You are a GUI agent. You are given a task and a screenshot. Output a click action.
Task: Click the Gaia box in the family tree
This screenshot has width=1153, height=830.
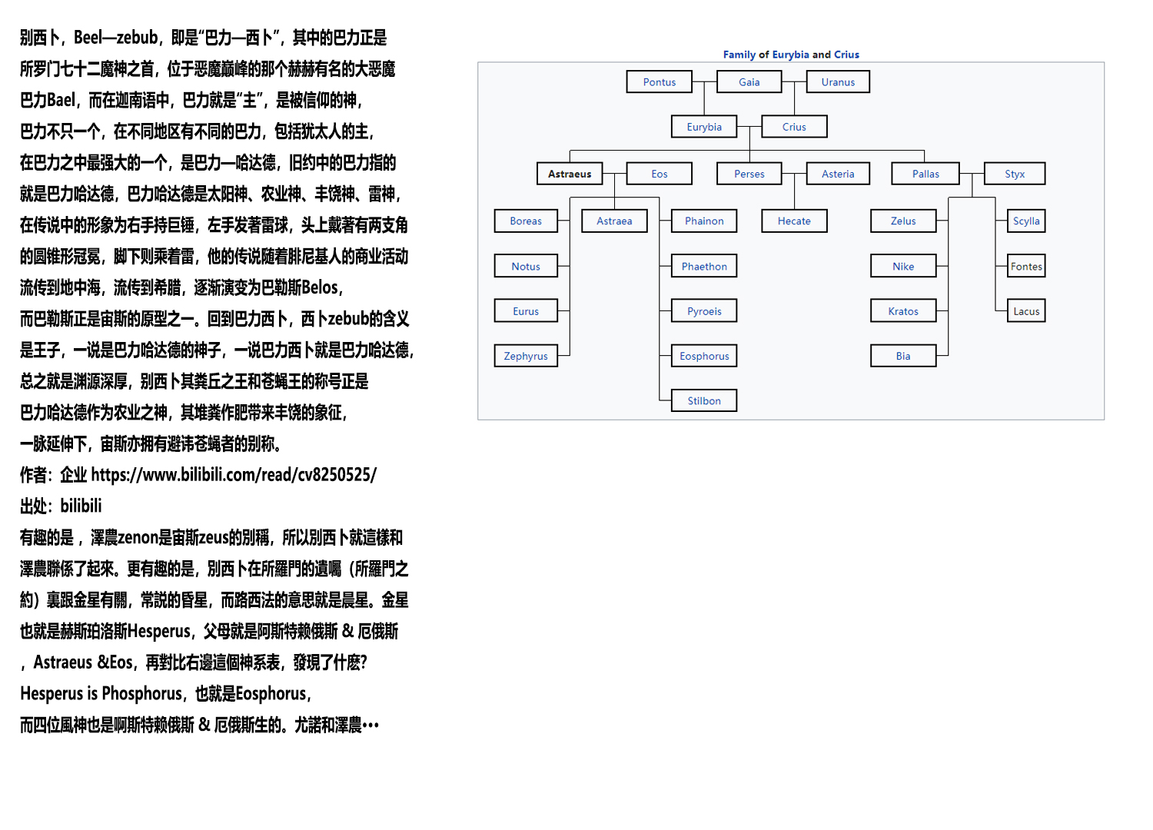coord(749,82)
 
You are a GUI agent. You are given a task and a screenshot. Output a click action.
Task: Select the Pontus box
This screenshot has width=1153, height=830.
coord(660,82)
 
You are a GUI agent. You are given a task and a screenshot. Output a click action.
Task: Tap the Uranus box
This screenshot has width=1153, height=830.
coord(838,82)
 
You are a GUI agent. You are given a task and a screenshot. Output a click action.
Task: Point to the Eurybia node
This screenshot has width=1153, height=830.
coord(704,127)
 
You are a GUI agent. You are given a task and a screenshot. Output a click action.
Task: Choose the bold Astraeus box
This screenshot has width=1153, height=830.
coord(570,174)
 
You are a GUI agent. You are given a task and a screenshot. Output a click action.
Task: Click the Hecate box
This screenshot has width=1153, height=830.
coord(794,221)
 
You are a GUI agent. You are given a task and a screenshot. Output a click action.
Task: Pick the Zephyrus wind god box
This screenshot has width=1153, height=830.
coord(526,356)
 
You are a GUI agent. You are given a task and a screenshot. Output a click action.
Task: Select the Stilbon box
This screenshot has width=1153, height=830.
coord(704,400)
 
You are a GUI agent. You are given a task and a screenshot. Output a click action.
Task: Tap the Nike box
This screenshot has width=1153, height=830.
coord(903,266)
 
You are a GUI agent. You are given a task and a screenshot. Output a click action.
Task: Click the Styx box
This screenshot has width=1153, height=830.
coord(1015,174)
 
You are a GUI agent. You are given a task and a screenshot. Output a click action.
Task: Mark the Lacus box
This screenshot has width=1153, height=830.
coord(1026,311)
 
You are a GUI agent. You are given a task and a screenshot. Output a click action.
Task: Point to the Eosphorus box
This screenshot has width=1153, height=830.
coord(704,356)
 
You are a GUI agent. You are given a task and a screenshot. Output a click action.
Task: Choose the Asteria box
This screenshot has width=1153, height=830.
coord(838,174)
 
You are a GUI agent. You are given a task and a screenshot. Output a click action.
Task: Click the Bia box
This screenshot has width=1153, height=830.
coord(903,356)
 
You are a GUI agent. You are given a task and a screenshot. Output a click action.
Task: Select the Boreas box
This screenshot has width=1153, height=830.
coord(526,221)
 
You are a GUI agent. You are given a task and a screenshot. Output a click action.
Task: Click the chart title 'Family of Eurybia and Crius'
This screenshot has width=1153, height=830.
coord(791,55)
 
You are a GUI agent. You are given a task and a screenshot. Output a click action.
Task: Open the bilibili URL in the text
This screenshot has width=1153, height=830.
coord(234,475)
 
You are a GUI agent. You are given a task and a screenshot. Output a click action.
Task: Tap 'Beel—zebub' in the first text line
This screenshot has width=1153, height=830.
coord(116,38)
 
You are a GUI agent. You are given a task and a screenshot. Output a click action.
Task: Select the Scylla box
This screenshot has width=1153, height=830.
coord(1026,221)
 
